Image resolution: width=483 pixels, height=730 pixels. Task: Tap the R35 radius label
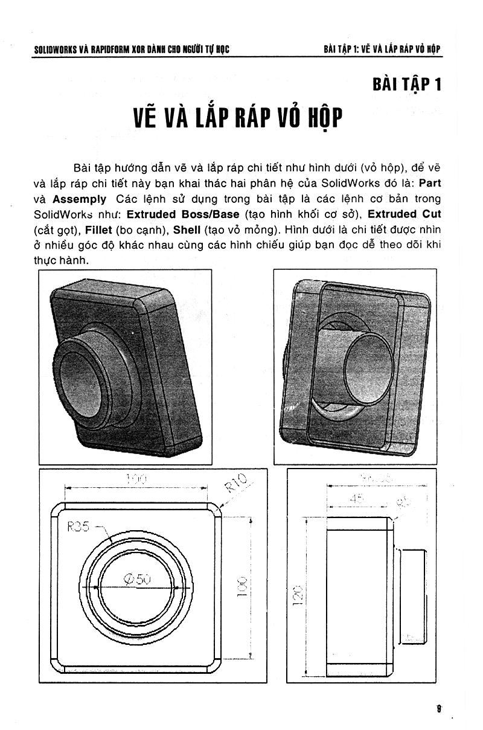pyautogui.click(x=78, y=527)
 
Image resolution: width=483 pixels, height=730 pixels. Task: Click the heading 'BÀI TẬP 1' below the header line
pyautogui.click(x=407, y=84)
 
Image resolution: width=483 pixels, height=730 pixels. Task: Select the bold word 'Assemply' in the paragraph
pyautogui.click(x=79, y=199)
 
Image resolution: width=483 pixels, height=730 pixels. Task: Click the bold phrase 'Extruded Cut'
pyautogui.click(x=405, y=214)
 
